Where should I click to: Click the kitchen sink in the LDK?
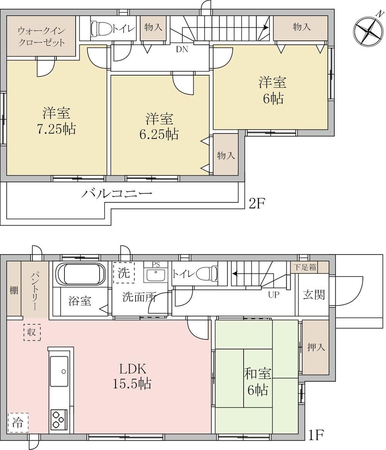59,371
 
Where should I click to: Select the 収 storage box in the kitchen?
32,332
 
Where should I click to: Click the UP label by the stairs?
274,295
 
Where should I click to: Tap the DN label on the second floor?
182,49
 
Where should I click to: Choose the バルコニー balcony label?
116,194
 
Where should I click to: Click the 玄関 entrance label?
314,295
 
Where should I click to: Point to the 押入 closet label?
316,347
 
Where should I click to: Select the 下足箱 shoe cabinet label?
305,267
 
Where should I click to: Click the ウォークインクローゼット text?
41,37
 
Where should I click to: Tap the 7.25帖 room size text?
56,130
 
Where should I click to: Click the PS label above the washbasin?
156,265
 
